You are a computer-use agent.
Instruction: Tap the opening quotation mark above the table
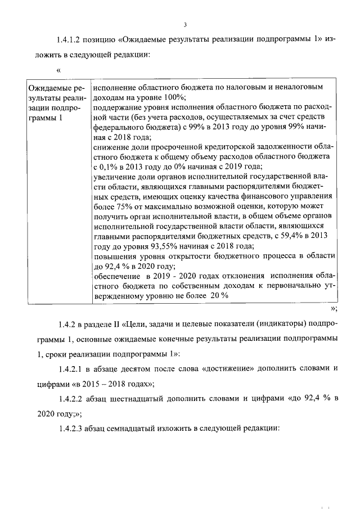[58, 70]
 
